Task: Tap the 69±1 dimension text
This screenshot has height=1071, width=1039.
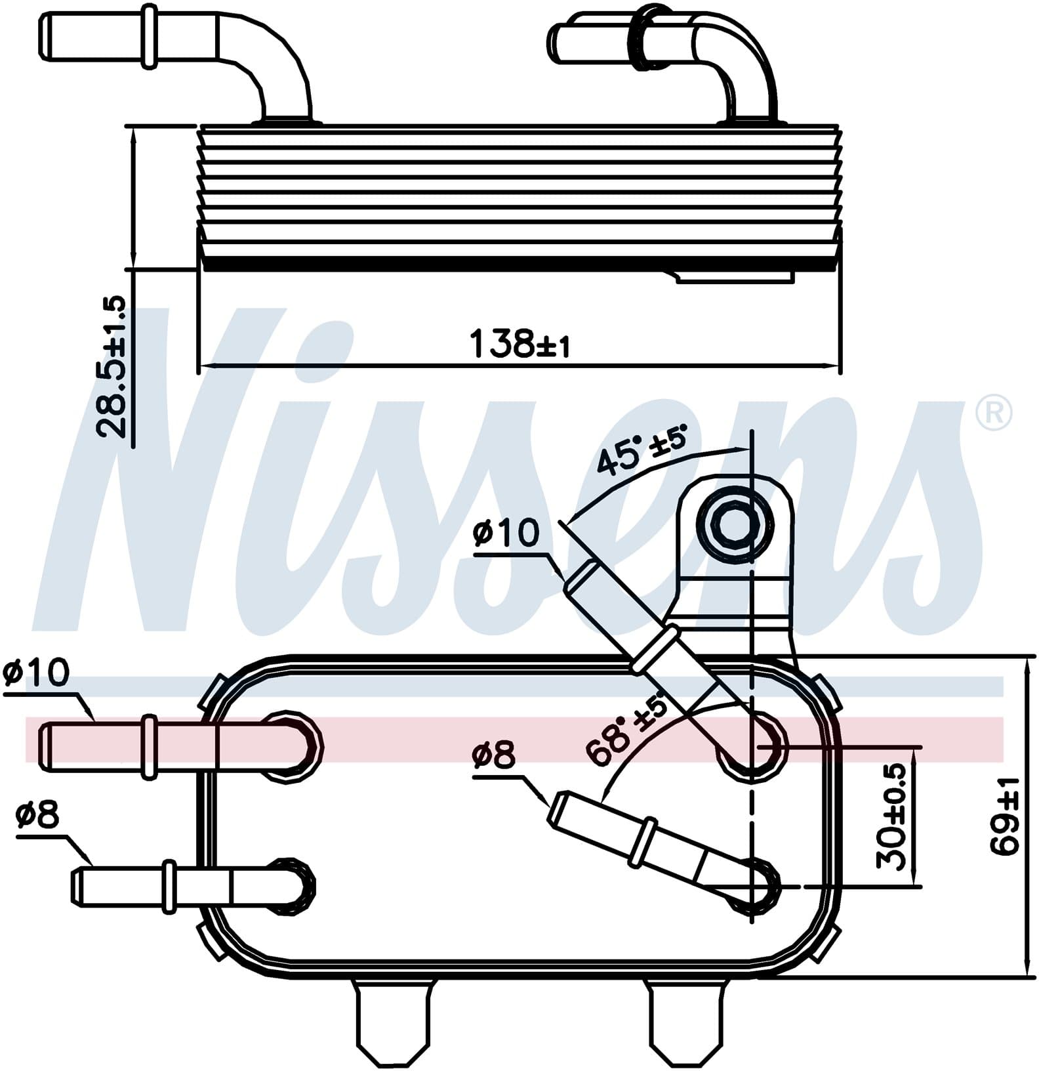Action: (x=1005, y=816)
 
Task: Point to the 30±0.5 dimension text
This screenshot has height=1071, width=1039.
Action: (x=891, y=816)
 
